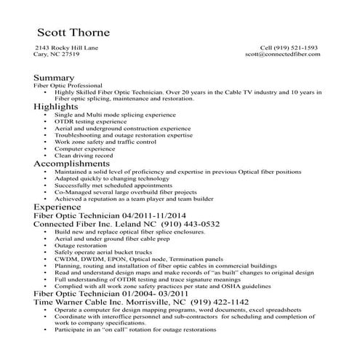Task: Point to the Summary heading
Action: [53, 77]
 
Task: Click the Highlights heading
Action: [58, 106]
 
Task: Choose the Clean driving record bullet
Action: [84, 156]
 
